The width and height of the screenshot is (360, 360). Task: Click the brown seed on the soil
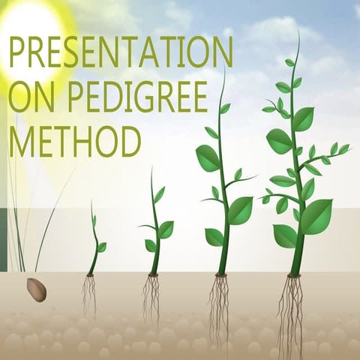click(x=36, y=289)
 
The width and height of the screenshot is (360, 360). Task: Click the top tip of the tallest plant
click(x=298, y=33)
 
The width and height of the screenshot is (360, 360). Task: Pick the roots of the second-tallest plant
click(x=220, y=307)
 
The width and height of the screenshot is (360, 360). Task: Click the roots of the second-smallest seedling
click(x=152, y=297)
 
